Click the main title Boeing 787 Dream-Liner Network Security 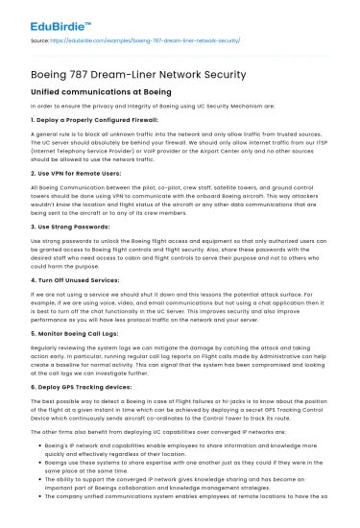click(x=139, y=71)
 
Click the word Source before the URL click(x=41, y=42)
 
